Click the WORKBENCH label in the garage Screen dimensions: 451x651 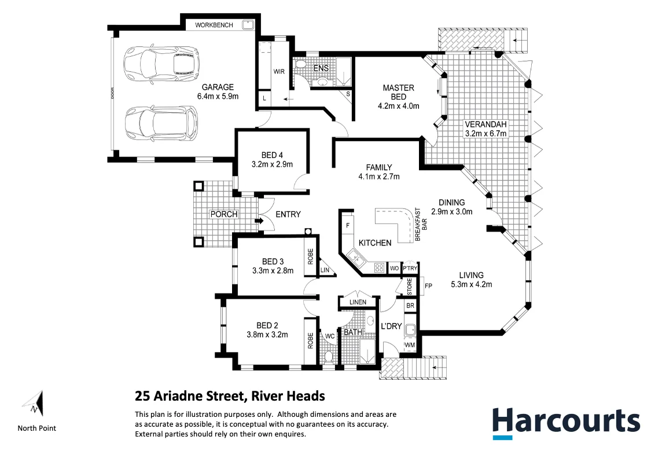coord(215,25)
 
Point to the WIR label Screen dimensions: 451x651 coord(279,72)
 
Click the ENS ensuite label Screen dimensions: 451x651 coord(321,68)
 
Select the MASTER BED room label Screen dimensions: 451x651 coord(398,92)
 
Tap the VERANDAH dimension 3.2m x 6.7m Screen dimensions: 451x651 coord(486,134)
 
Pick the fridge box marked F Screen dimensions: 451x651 coord(348,225)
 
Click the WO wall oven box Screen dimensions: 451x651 coord(394,268)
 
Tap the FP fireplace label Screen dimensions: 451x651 coord(428,285)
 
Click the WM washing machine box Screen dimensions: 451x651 coord(410,346)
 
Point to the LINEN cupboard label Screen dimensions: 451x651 coord(358,302)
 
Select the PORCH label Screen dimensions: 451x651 coord(224,214)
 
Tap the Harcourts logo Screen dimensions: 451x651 coord(565,421)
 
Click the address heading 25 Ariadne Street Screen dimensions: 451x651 coord(230,397)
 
